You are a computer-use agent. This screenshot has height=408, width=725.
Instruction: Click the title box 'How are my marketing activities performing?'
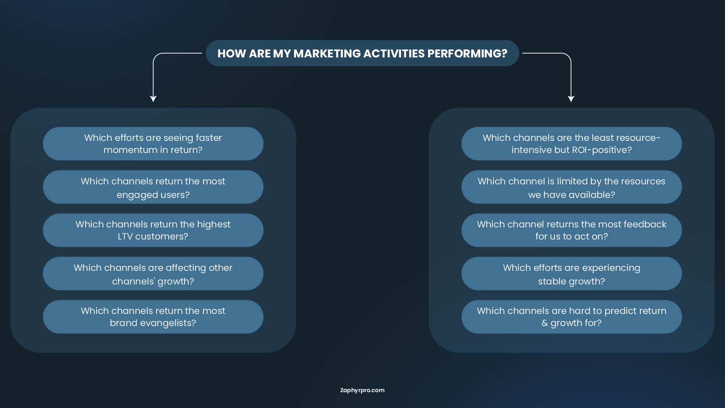(x=362, y=53)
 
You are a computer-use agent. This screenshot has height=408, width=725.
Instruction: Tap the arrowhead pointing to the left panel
(x=153, y=99)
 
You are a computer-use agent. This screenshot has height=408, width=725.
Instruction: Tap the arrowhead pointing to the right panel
(x=571, y=99)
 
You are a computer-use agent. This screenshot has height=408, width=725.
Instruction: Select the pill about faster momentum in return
(x=153, y=144)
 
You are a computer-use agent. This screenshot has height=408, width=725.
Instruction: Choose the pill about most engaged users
(x=153, y=187)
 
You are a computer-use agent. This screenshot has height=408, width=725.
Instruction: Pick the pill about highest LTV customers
(x=153, y=230)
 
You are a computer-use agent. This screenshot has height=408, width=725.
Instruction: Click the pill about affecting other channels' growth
(x=153, y=274)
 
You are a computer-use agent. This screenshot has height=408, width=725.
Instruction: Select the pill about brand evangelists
(x=153, y=317)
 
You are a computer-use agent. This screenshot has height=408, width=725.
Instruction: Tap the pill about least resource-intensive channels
(x=572, y=144)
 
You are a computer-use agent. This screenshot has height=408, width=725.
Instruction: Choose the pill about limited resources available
(x=572, y=187)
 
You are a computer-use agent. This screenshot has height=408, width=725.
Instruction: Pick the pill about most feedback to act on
(x=572, y=230)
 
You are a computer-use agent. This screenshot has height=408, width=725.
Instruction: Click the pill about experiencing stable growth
(x=572, y=274)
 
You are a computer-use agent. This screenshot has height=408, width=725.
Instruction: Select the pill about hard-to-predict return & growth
(x=572, y=317)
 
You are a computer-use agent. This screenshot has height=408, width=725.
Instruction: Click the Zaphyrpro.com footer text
(x=362, y=390)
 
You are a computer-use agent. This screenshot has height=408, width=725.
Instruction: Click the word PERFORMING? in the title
(x=467, y=54)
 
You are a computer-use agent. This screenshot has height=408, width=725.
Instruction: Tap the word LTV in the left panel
(x=125, y=236)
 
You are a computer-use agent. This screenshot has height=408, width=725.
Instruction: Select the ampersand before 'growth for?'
(x=545, y=323)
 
